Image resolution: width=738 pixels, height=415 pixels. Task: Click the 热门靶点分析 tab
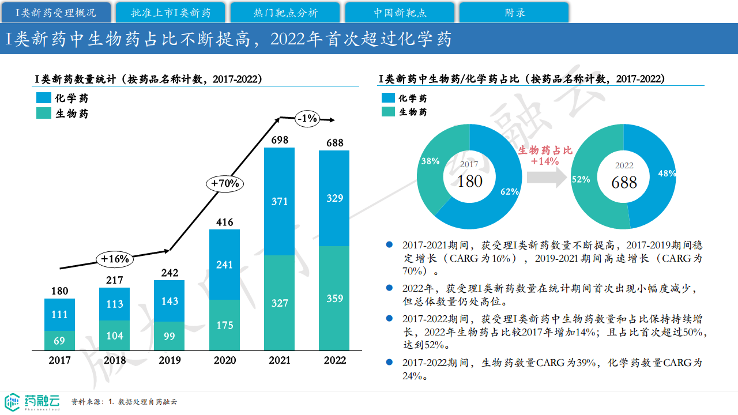tap(285, 13)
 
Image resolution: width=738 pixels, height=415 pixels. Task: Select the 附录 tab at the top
tap(514, 13)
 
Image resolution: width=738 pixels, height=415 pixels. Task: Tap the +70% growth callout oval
tap(225, 183)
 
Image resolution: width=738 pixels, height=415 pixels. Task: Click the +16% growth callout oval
tap(115, 259)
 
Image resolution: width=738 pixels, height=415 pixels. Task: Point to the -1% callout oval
tap(307, 119)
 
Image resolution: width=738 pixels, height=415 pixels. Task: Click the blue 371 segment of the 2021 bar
tap(279, 201)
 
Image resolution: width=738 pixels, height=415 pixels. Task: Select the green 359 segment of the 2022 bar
tap(334, 298)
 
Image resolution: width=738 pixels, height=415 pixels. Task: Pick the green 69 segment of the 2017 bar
tap(59, 341)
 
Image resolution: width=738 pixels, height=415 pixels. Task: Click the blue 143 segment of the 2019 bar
tap(169, 301)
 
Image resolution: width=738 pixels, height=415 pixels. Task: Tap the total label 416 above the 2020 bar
tap(224, 222)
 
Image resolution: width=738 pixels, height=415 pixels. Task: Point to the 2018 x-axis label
tap(115, 361)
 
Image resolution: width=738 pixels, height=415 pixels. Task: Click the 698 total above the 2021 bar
tap(279, 139)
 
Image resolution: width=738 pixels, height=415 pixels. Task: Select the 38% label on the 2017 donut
tap(430, 161)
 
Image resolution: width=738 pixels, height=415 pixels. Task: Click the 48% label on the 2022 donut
tap(667, 173)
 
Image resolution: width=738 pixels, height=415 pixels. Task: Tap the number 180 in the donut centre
tap(469, 181)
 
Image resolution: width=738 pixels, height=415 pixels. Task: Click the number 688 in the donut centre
tap(624, 183)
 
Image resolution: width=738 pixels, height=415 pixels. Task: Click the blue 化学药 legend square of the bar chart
tap(44, 98)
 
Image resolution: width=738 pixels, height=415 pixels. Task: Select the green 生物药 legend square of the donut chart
tap(389, 112)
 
